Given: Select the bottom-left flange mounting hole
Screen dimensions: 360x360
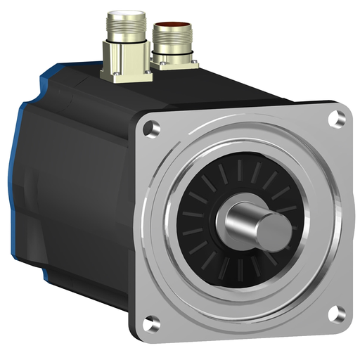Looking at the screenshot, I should coord(150,323).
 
